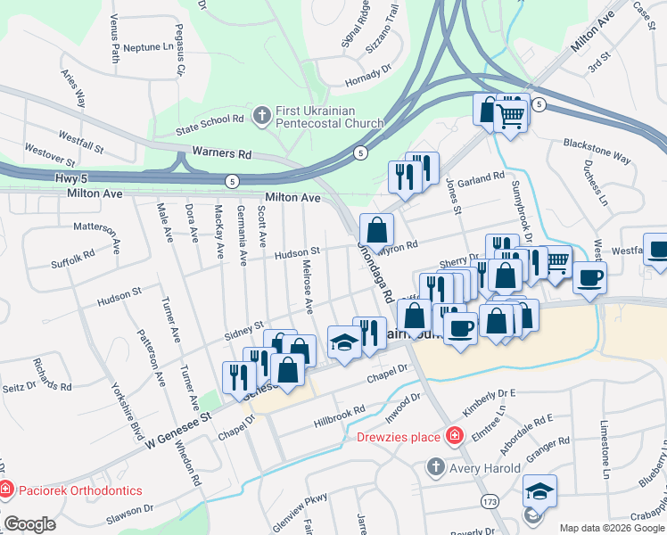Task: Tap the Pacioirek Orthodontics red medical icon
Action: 5,490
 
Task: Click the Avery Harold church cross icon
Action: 434,465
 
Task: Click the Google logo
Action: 29,523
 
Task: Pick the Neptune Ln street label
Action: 148,46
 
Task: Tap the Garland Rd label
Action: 482,178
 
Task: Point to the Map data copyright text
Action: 612,528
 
